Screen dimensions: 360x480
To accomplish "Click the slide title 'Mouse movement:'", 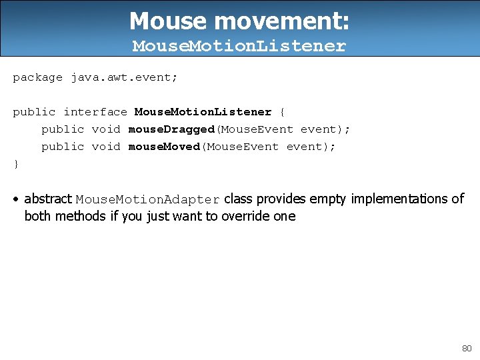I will click(x=239, y=21).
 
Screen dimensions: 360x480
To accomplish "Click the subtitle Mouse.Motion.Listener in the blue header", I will click(x=239, y=46).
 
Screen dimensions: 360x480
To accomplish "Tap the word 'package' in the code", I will click(x=37, y=77).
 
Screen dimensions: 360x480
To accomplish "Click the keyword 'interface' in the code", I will click(x=95, y=112).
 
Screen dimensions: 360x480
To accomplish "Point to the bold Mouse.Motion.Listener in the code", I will click(x=203, y=112).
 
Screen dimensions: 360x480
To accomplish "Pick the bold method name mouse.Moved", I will click(x=164, y=147).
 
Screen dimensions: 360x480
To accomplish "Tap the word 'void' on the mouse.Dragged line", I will click(x=105, y=129).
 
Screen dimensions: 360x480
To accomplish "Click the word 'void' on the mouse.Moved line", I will click(x=105, y=147).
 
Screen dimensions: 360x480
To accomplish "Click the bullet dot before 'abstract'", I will click(x=16, y=199).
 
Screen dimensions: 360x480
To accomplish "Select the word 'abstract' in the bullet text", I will click(x=48, y=199).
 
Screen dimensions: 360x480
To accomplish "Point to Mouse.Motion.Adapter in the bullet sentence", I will click(x=147, y=200).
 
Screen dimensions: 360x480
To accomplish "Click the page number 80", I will click(x=466, y=348).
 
